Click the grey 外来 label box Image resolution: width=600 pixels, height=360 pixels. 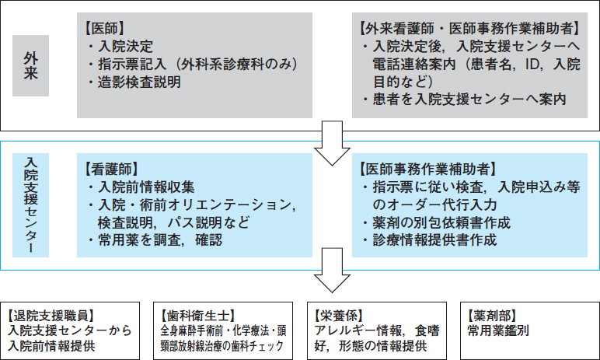[x=30, y=65]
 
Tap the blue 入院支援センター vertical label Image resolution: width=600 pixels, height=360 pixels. [x=30, y=205]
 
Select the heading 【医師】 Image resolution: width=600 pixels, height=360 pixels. [x=104, y=28]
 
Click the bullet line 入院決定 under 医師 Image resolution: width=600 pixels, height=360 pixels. [x=120, y=47]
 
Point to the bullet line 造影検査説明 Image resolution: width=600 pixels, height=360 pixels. [x=134, y=82]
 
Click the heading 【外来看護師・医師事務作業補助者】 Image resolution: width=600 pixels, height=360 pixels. [x=469, y=28]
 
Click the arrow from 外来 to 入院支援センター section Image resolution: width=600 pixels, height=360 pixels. [x=332, y=143]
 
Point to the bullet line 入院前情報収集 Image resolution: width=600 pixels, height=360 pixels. [x=141, y=187]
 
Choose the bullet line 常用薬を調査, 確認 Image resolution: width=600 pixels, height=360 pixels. [x=155, y=240]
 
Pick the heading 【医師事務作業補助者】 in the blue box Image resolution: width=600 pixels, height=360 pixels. [x=427, y=170]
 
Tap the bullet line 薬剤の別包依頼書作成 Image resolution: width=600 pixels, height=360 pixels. [x=436, y=222]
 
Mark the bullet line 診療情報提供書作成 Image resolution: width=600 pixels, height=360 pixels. [x=429, y=240]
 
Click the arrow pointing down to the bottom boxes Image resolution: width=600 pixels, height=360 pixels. [x=332, y=270]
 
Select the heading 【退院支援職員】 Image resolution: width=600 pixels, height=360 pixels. [x=51, y=316]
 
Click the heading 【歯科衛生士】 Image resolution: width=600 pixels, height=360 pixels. [x=197, y=316]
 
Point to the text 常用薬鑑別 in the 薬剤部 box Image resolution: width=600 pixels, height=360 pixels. [x=498, y=331]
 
